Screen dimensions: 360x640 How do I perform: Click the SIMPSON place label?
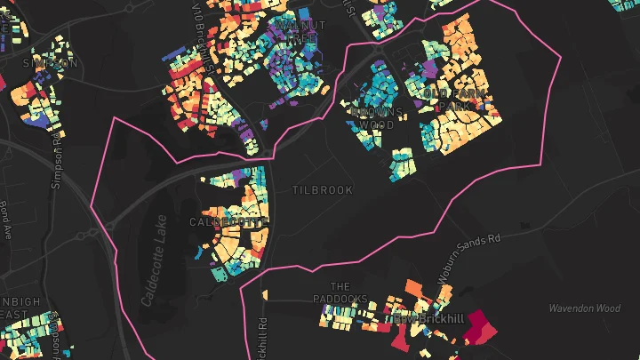coord(38,63)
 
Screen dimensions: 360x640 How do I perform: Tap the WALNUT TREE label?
coord(300,32)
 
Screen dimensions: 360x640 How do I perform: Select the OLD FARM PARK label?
coord(446,100)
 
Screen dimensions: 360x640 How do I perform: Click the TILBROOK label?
coord(323,190)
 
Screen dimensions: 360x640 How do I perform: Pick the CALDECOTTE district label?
coord(228,221)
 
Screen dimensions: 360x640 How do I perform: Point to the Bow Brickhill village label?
coord(419,317)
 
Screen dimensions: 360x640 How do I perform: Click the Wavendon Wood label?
coord(582,308)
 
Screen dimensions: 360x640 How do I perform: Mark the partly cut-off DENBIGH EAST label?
coord(20,308)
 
